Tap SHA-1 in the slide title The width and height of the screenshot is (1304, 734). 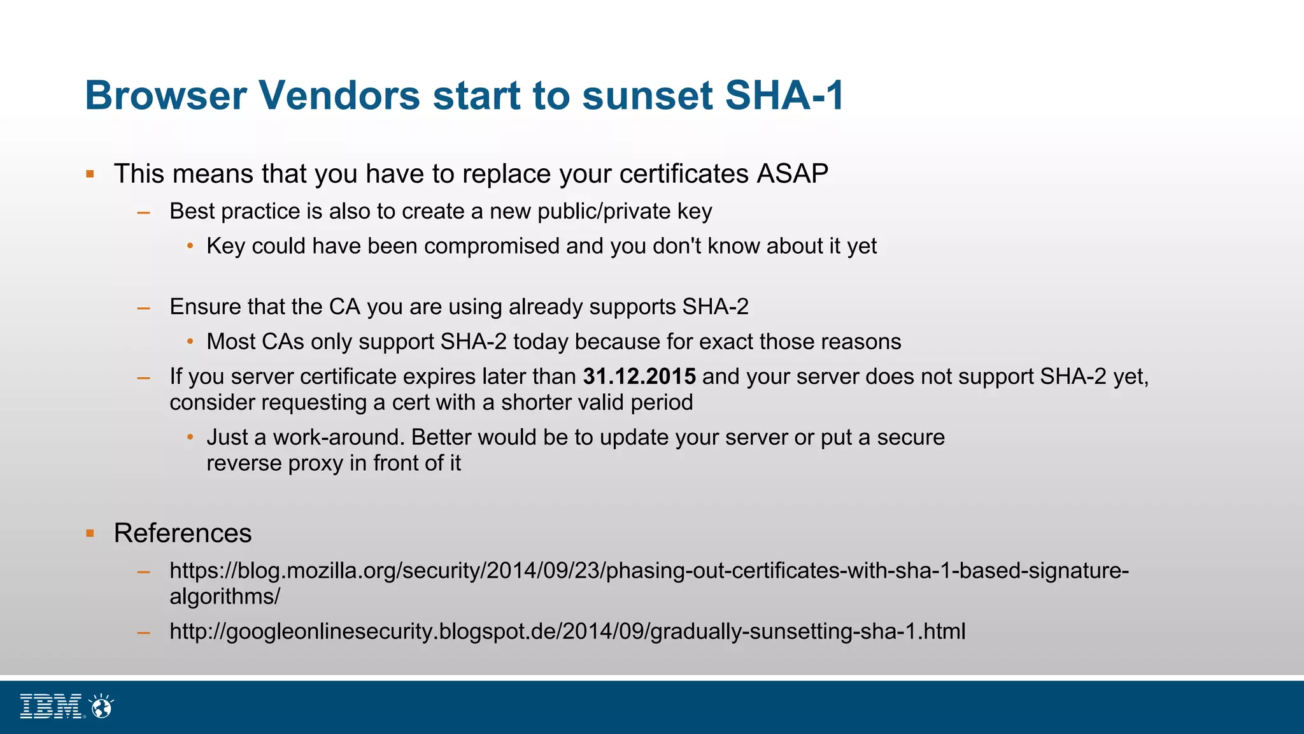(x=784, y=96)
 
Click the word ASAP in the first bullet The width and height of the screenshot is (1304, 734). (x=792, y=174)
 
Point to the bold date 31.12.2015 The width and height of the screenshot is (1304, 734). (x=639, y=377)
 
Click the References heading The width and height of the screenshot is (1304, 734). (x=183, y=533)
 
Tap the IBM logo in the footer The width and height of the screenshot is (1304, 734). (x=52, y=707)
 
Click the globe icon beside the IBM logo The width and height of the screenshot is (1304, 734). (x=101, y=707)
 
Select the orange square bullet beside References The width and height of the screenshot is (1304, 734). (x=90, y=533)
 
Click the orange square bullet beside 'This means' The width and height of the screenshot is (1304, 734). (x=90, y=174)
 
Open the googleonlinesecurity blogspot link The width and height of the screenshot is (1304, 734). (x=567, y=631)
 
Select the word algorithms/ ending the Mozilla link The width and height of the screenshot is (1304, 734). (x=225, y=597)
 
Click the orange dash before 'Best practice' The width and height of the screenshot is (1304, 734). (x=144, y=212)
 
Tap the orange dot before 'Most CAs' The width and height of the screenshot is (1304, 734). (x=190, y=342)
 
